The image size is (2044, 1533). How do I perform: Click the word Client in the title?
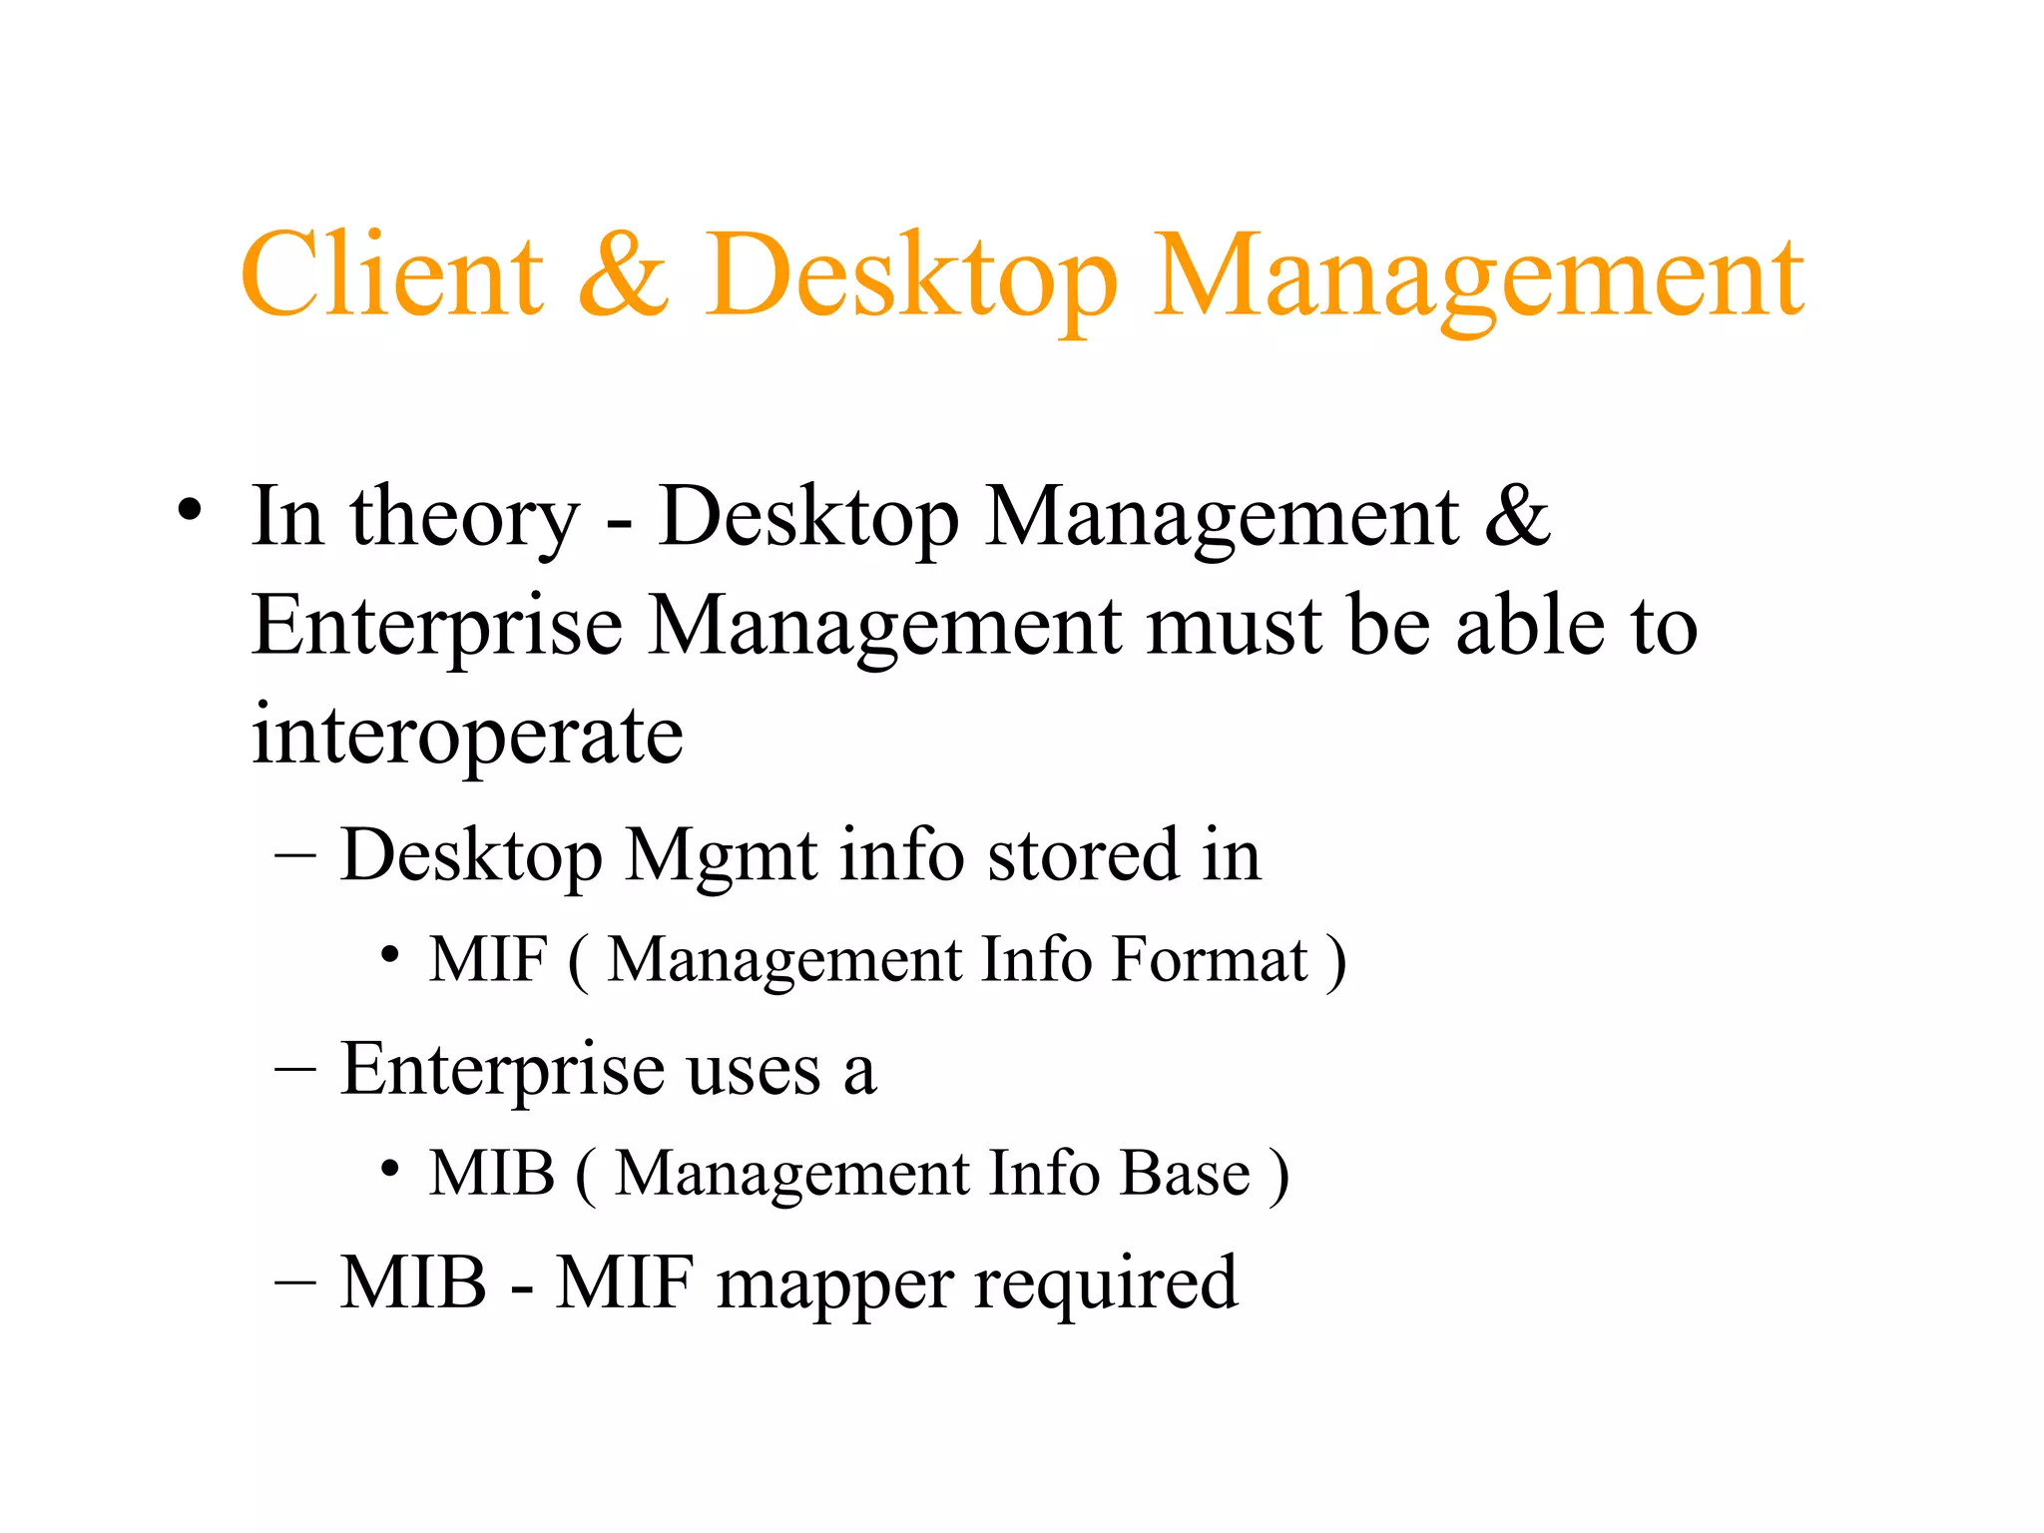pos(392,274)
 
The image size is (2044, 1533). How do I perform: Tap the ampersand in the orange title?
pos(624,274)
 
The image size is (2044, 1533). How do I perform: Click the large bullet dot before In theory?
pos(190,512)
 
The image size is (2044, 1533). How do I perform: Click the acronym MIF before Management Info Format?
pos(488,960)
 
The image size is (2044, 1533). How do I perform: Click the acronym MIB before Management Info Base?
pos(491,1173)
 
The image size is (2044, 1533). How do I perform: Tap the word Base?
pos(1185,1173)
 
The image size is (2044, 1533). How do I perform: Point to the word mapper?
pos(834,1285)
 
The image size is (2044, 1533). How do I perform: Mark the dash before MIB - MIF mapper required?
pos(295,1282)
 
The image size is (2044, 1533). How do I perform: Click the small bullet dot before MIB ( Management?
pos(390,1168)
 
